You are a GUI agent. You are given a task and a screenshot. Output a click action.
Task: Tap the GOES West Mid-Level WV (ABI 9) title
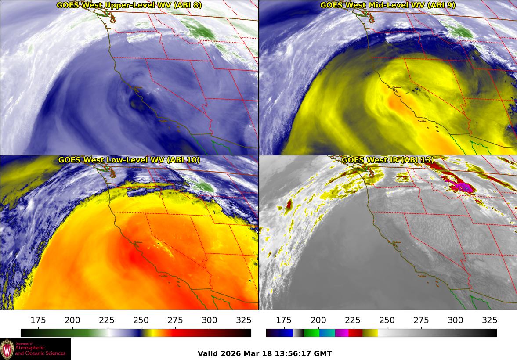click(x=387, y=5)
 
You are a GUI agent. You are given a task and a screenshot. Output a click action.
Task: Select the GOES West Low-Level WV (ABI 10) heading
click(x=129, y=160)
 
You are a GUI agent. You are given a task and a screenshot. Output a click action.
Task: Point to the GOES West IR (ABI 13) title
click(x=387, y=160)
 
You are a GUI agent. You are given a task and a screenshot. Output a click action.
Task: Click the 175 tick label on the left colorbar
click(x=38, y=320)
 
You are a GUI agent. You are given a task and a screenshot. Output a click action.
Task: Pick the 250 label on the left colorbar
click(x=141, y=320)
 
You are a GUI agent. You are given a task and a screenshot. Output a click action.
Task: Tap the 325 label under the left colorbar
click(x=244, y=320)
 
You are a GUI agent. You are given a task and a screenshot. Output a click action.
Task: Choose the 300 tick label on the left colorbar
click(x=210, y=320)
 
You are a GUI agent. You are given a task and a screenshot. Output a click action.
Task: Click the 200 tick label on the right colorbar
click(x=318, y=320)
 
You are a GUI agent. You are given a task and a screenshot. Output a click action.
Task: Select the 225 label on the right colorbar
click(x=352, y=320)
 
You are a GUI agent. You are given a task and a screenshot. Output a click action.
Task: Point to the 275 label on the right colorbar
click(x=421, y=320)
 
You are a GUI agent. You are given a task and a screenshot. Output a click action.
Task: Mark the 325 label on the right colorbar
click(x=489, y=320)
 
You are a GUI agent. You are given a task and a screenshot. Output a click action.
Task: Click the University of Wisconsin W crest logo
click(x=7, y=349)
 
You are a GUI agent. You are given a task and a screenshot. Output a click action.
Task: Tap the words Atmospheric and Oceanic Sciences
click(x=40, y=350)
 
